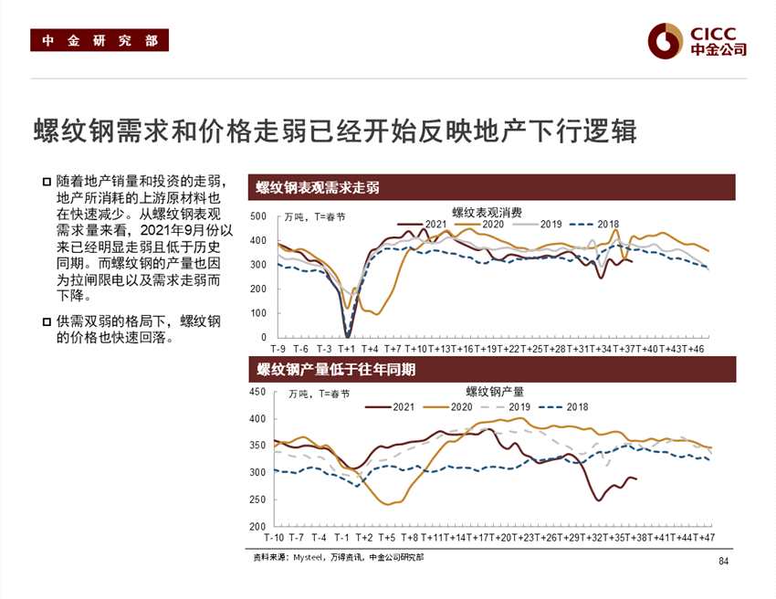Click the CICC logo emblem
pos(666,40)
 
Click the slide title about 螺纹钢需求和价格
pos(334,130)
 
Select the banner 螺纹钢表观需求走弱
pos(318,187)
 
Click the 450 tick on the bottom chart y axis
pos(257,392)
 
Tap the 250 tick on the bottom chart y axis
pos(257,499)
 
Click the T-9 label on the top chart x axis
pos(278,349)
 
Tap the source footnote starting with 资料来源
pos(338,555)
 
